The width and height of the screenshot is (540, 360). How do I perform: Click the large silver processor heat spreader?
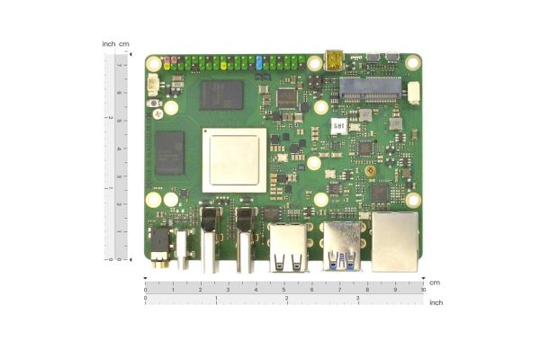(x=234, y=159)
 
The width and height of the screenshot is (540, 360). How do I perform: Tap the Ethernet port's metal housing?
(x=395, y=241)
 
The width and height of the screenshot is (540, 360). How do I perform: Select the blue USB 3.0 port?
(x=341, y=246)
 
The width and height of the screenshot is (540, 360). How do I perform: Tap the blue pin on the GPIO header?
(x=259, y=64)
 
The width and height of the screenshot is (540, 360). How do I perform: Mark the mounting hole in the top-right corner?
(x=412, y=63)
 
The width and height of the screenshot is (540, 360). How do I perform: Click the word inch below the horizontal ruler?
(x=436, y=302)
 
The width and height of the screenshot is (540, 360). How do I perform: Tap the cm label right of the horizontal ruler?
(x=435, y=283)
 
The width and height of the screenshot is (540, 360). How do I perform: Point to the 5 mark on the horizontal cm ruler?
(x=284, y=290)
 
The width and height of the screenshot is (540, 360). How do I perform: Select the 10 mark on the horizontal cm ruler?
(x=423, y=290)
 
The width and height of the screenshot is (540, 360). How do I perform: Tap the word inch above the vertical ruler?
(x=109, y=44)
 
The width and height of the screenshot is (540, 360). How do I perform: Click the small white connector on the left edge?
(x=152, y=86)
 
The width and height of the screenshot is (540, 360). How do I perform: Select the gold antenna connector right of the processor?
(x=370, y=170)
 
